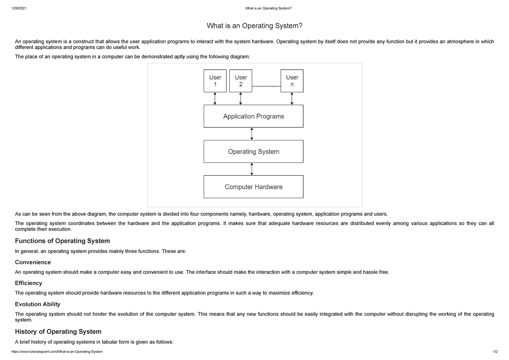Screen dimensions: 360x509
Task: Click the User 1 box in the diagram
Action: pyautogui.click(x=215, y=81)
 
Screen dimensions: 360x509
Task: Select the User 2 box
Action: pyautogui.click(x=241, y=81)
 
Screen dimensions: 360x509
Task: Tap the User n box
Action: pyautogui.click(x=292, y=81)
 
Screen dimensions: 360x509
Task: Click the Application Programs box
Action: pyautogui.click(x=253, y=116)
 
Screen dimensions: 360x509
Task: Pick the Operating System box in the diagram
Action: pyautogui.click(x=253, y=152)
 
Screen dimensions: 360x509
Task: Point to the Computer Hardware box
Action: pyautogui.click(x=253, y=187)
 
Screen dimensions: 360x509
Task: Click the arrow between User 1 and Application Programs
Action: pyautogui.click(x=215, y=98)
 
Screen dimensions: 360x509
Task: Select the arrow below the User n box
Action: pyautogui.click(x=292, y=98)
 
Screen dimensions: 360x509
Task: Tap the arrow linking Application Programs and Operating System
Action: pyautogui.click(x=252, y=134)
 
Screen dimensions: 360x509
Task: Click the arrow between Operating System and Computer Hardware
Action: pyautogui.click(x=252, y=169)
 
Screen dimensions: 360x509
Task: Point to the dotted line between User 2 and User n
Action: pyautogui.click(x=266, y=86)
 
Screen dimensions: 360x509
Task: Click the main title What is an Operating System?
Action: pyautogui.click(x=255, y=26)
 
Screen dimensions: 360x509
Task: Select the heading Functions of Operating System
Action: pyautogui.click(x=62, y=241)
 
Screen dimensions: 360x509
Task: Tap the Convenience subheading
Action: pyautogui.click(x=33, y=262)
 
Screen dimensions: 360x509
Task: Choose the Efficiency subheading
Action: pyautogui.click(x=28, y=283)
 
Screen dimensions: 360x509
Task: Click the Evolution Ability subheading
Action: pyautogui.click(x=37, y=304)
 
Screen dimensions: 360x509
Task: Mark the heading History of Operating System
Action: pyautogui.click(x=58, y=331)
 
